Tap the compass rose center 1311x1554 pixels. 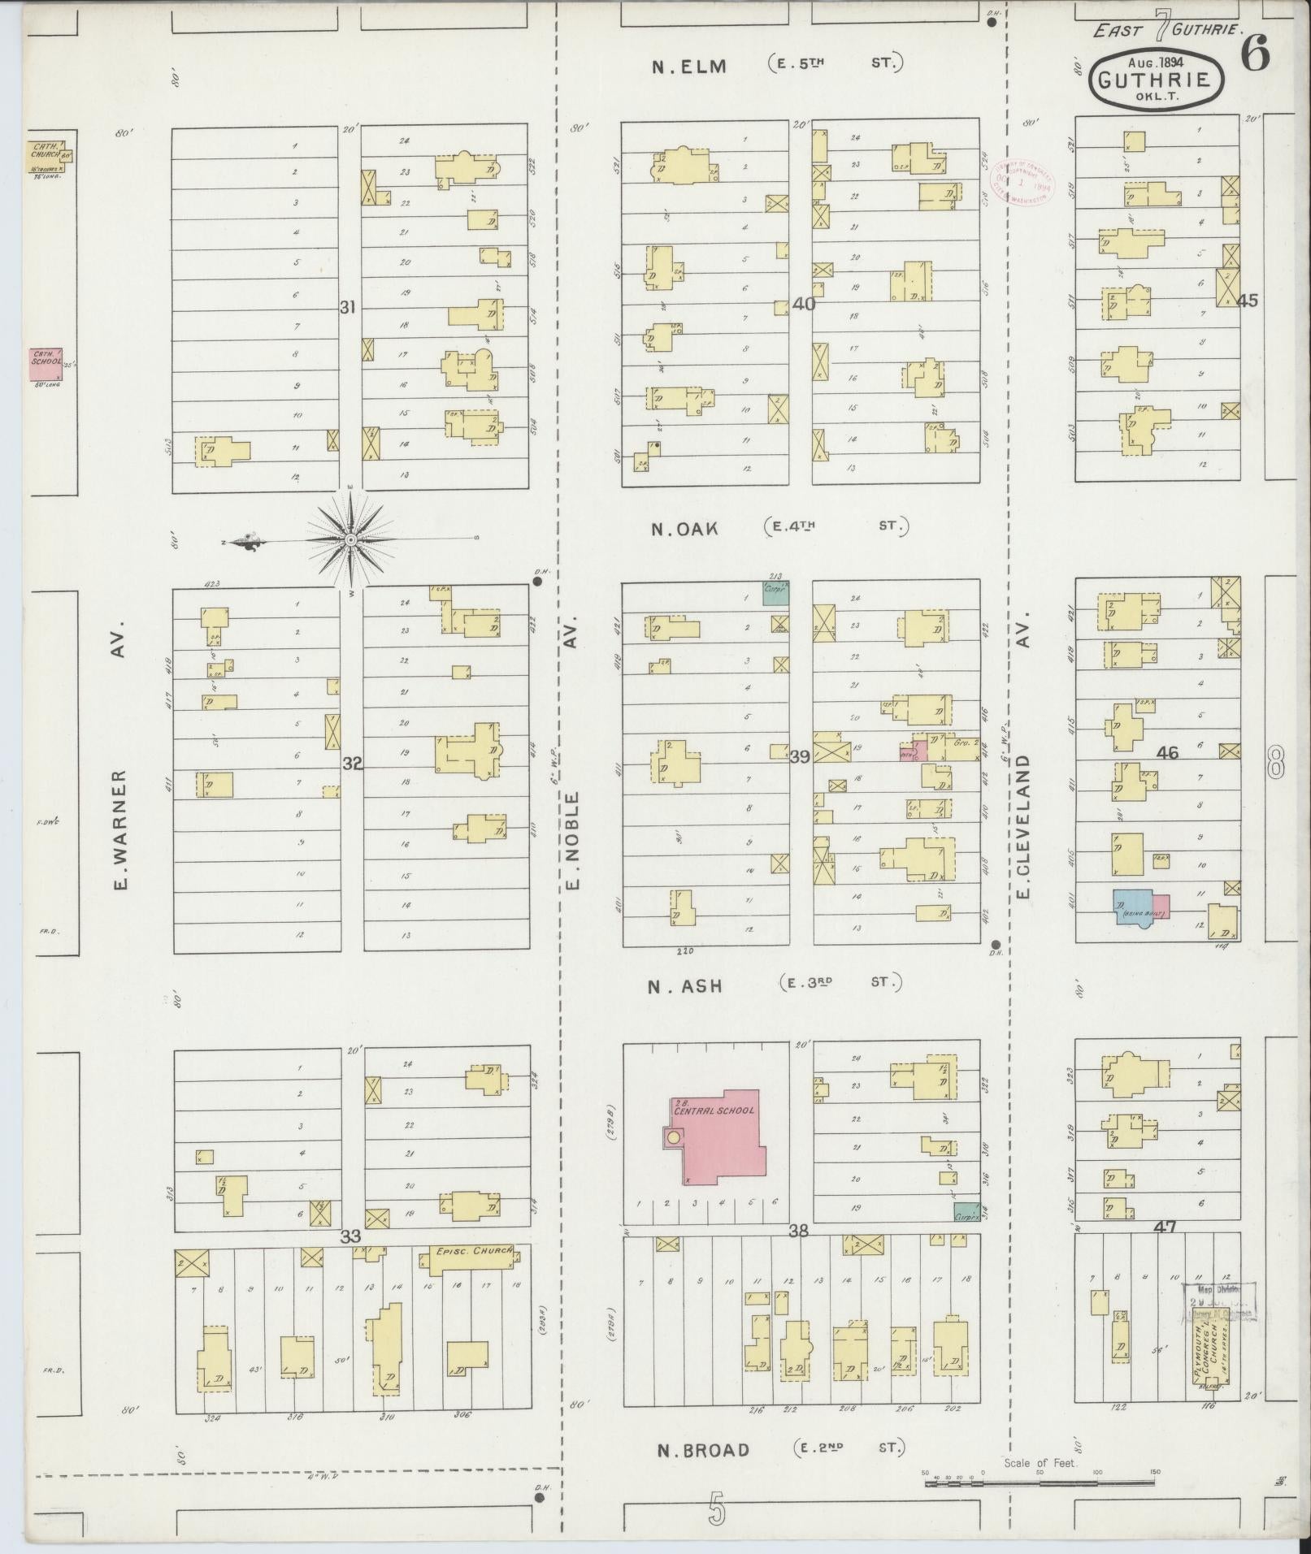point(350,539)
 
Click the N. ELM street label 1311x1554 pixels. point(689,67)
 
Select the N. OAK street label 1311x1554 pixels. point(684,529)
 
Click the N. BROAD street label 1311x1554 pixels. point(703,1448)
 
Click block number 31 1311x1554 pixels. point(348,307)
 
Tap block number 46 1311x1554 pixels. point(1167,753)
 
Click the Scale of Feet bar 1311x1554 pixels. point(1040,1483)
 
